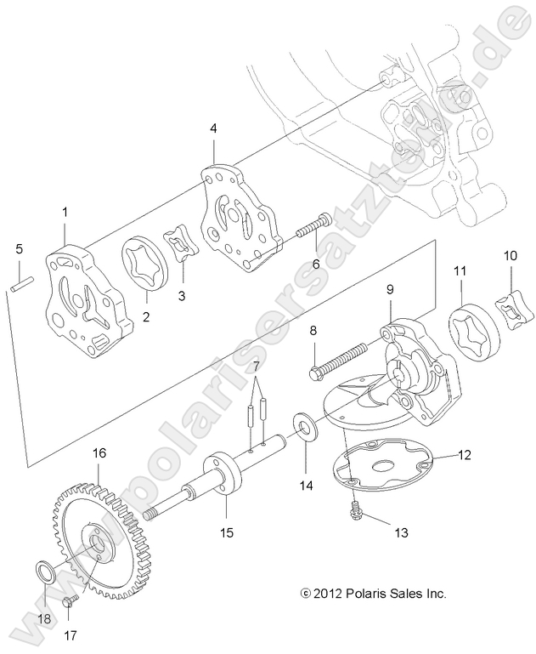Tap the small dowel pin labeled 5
[20, 282]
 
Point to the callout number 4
[214, 128]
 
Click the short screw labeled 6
[313, 230]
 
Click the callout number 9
[390, 289]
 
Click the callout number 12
[465, 455]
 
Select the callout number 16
[99, 453]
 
